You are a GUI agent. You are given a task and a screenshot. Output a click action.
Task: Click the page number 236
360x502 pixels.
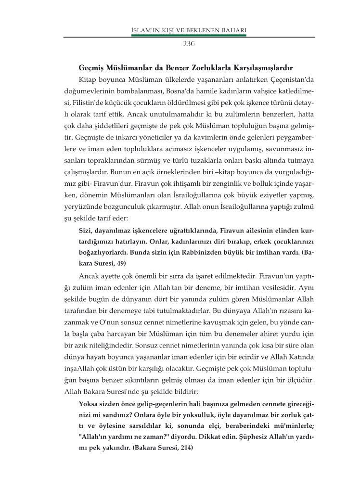188,43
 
